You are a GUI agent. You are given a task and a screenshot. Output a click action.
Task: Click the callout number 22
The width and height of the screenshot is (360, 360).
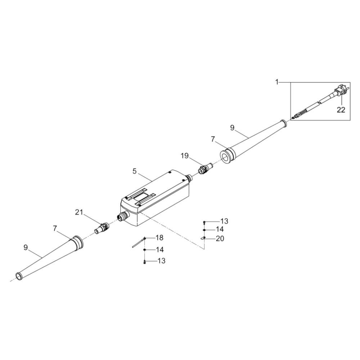(341, 110)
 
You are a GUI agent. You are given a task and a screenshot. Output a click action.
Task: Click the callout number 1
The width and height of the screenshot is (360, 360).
(277, 82)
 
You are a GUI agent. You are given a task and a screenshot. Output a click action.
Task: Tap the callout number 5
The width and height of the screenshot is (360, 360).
(135, 171)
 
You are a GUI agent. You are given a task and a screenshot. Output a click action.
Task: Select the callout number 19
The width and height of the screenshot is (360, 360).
(185, 156)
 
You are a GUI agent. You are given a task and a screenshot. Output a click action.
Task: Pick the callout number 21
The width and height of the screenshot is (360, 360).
(79, 213)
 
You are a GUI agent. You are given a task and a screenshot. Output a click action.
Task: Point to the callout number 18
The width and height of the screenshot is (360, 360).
(159, 238)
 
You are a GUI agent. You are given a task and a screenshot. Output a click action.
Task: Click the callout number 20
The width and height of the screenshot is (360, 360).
(220, 239)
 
